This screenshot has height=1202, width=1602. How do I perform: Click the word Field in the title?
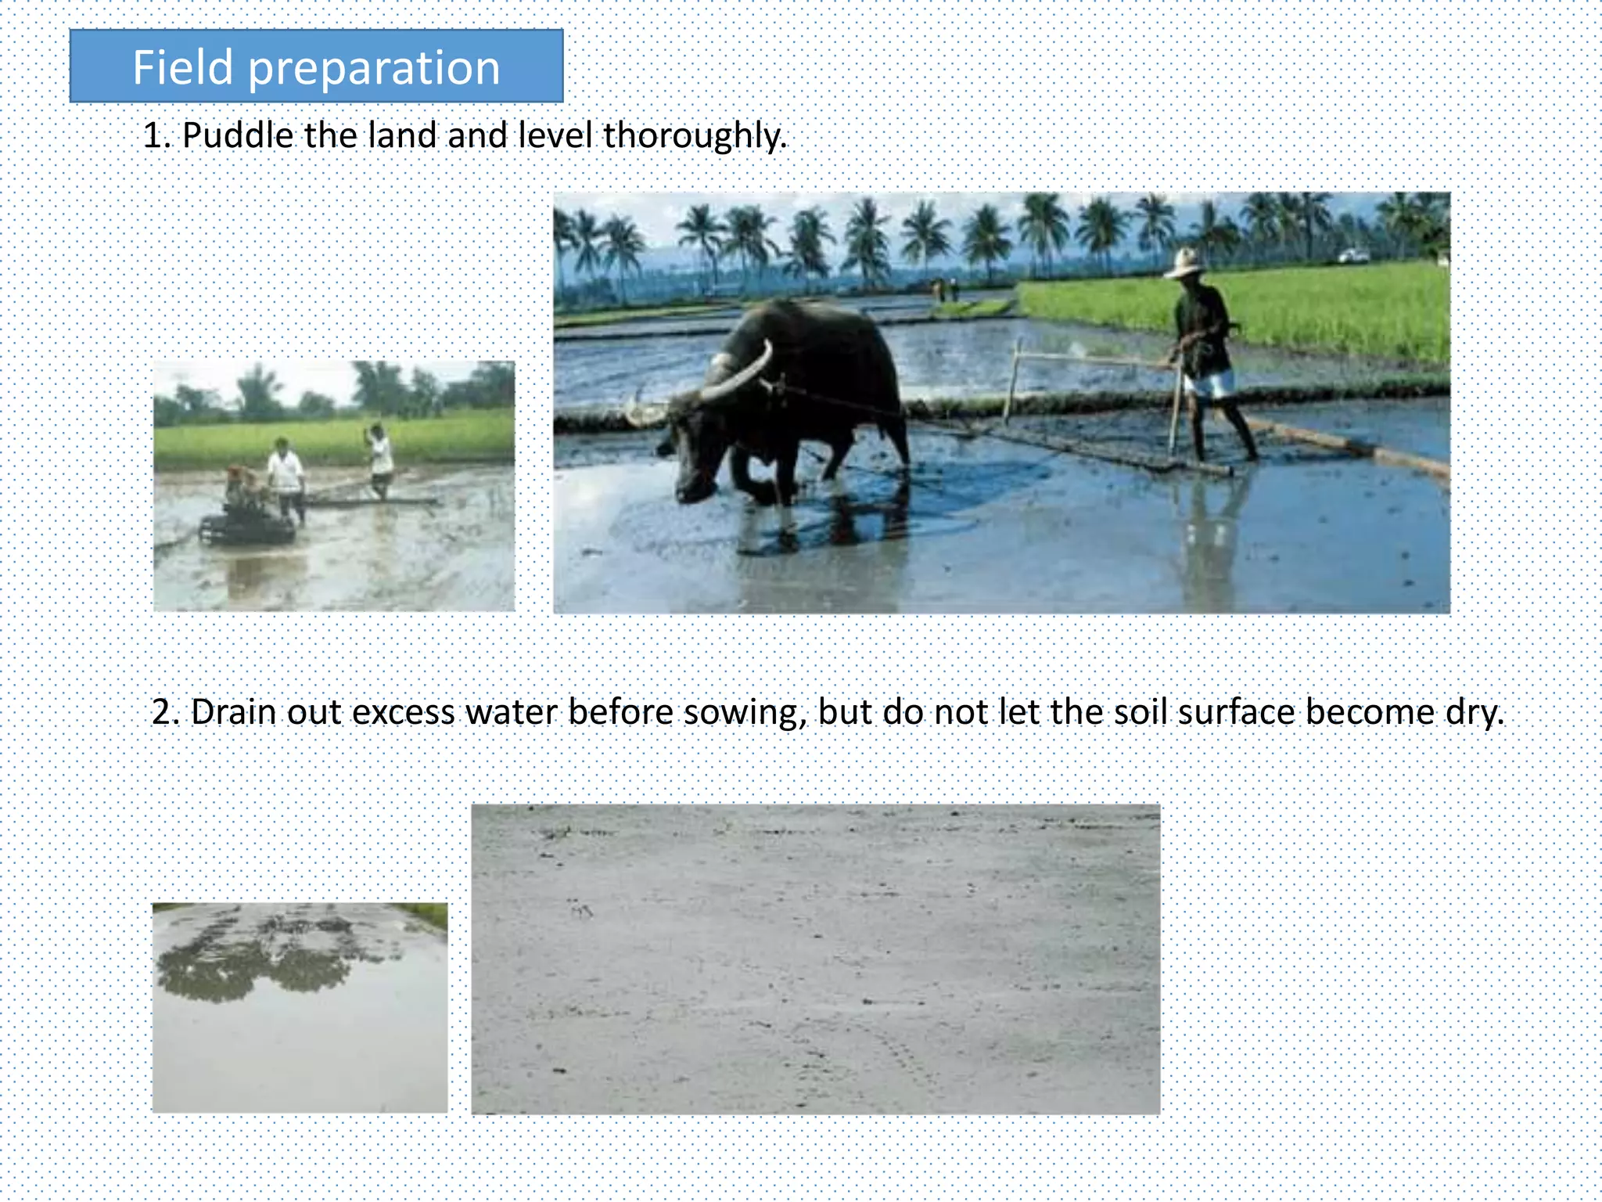(x=183, y=67)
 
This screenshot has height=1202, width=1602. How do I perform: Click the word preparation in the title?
(x=374, y=69)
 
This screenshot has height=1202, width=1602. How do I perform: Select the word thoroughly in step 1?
(x=694, y=136)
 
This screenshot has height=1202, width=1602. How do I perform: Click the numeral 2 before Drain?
(x=161, y=712)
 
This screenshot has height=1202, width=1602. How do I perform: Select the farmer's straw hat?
(x=1184, y=263)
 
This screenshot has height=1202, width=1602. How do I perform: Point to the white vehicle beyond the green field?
(x=1353, y=256)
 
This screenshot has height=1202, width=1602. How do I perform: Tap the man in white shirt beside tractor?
(x=286, y=473)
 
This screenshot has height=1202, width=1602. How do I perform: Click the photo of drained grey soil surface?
(x=815, y=959)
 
